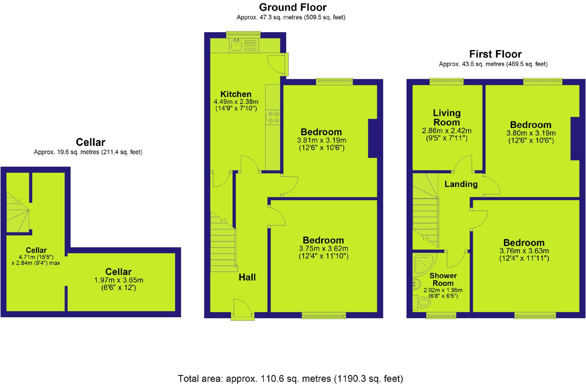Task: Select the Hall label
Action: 247,277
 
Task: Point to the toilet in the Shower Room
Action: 422,303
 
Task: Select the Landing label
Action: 461,184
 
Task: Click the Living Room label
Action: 447,118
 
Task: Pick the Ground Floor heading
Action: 293,7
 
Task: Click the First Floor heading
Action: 495,54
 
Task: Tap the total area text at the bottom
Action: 290,379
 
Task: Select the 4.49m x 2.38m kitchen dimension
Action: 236,102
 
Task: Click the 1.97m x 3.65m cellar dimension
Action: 119,280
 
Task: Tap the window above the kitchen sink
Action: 243,35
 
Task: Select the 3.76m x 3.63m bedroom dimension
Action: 524,251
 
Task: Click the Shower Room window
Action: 441,315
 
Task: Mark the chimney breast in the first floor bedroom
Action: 575,138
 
